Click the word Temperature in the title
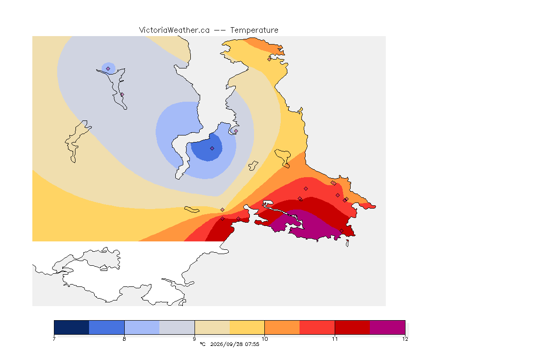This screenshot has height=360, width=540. point(254,30)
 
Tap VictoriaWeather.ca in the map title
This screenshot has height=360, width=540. point(174,30)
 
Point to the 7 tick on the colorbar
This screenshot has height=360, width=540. point(54,339)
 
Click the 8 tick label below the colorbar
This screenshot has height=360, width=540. point(124,339)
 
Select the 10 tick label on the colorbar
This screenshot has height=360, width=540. point(264,339)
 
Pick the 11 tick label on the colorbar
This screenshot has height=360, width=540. point(335,339)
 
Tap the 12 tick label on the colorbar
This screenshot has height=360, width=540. point(405,339)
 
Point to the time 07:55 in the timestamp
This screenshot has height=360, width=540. point(252,344)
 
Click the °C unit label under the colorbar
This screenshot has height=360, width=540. point(202,344)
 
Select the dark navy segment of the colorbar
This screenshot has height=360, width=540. point(72,327)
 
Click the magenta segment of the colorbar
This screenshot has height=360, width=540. point(388,327)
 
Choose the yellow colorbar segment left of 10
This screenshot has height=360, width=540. point(247,327)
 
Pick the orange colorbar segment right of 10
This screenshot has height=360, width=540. point(282,327)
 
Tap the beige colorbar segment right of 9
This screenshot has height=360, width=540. point(212,327)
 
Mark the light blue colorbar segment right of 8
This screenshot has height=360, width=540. point(142,327)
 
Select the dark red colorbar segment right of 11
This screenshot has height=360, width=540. point(352,327)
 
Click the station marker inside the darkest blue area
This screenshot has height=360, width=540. point(212,149)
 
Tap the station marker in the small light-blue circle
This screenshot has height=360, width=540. point(108,69)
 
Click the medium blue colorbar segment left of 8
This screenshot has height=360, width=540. point(107,327)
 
